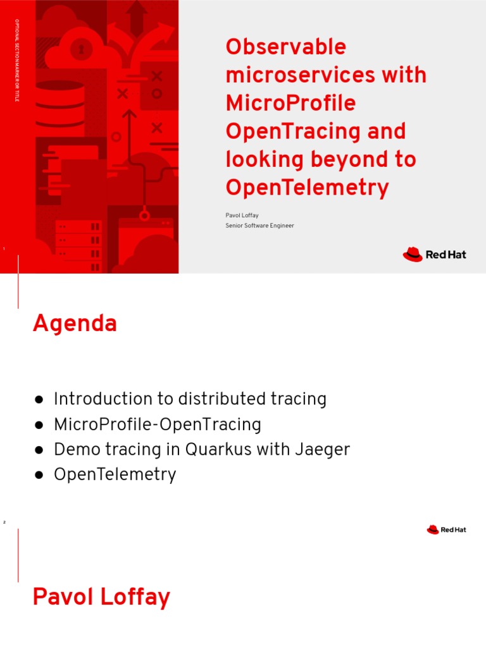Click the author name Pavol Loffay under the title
click(x=242, y=215)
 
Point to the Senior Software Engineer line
click(x=259, y=226)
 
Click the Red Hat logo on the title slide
click(x=434, y=255)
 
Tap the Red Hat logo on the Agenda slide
click(x=446, y=529)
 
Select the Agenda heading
click(x=75, y=323)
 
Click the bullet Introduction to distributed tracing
click(x=190, y=399)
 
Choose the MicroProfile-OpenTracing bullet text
click(x=158, y=425)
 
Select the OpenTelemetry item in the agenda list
click(x=115, y=475)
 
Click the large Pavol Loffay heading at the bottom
click(x=101, y=597)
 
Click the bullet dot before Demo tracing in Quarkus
click(x=39, y=450)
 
